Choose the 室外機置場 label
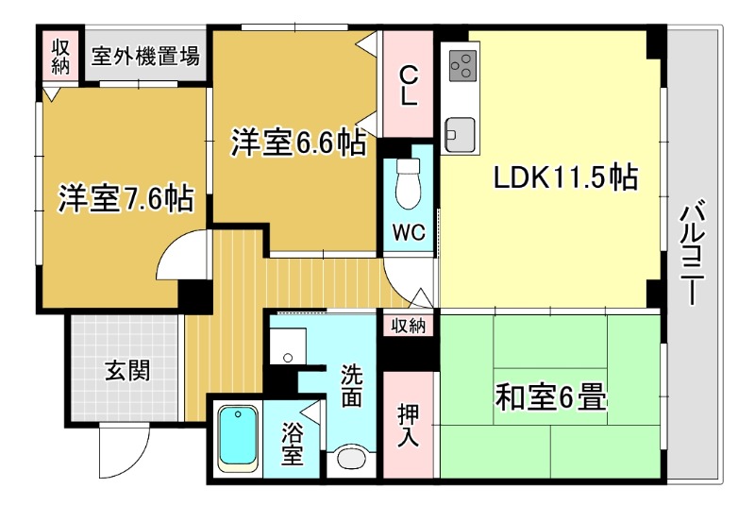145,56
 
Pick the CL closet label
409,85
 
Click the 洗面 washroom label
351,385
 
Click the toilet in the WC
409,183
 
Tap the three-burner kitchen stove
462,64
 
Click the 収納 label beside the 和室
409,326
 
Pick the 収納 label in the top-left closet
61,56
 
